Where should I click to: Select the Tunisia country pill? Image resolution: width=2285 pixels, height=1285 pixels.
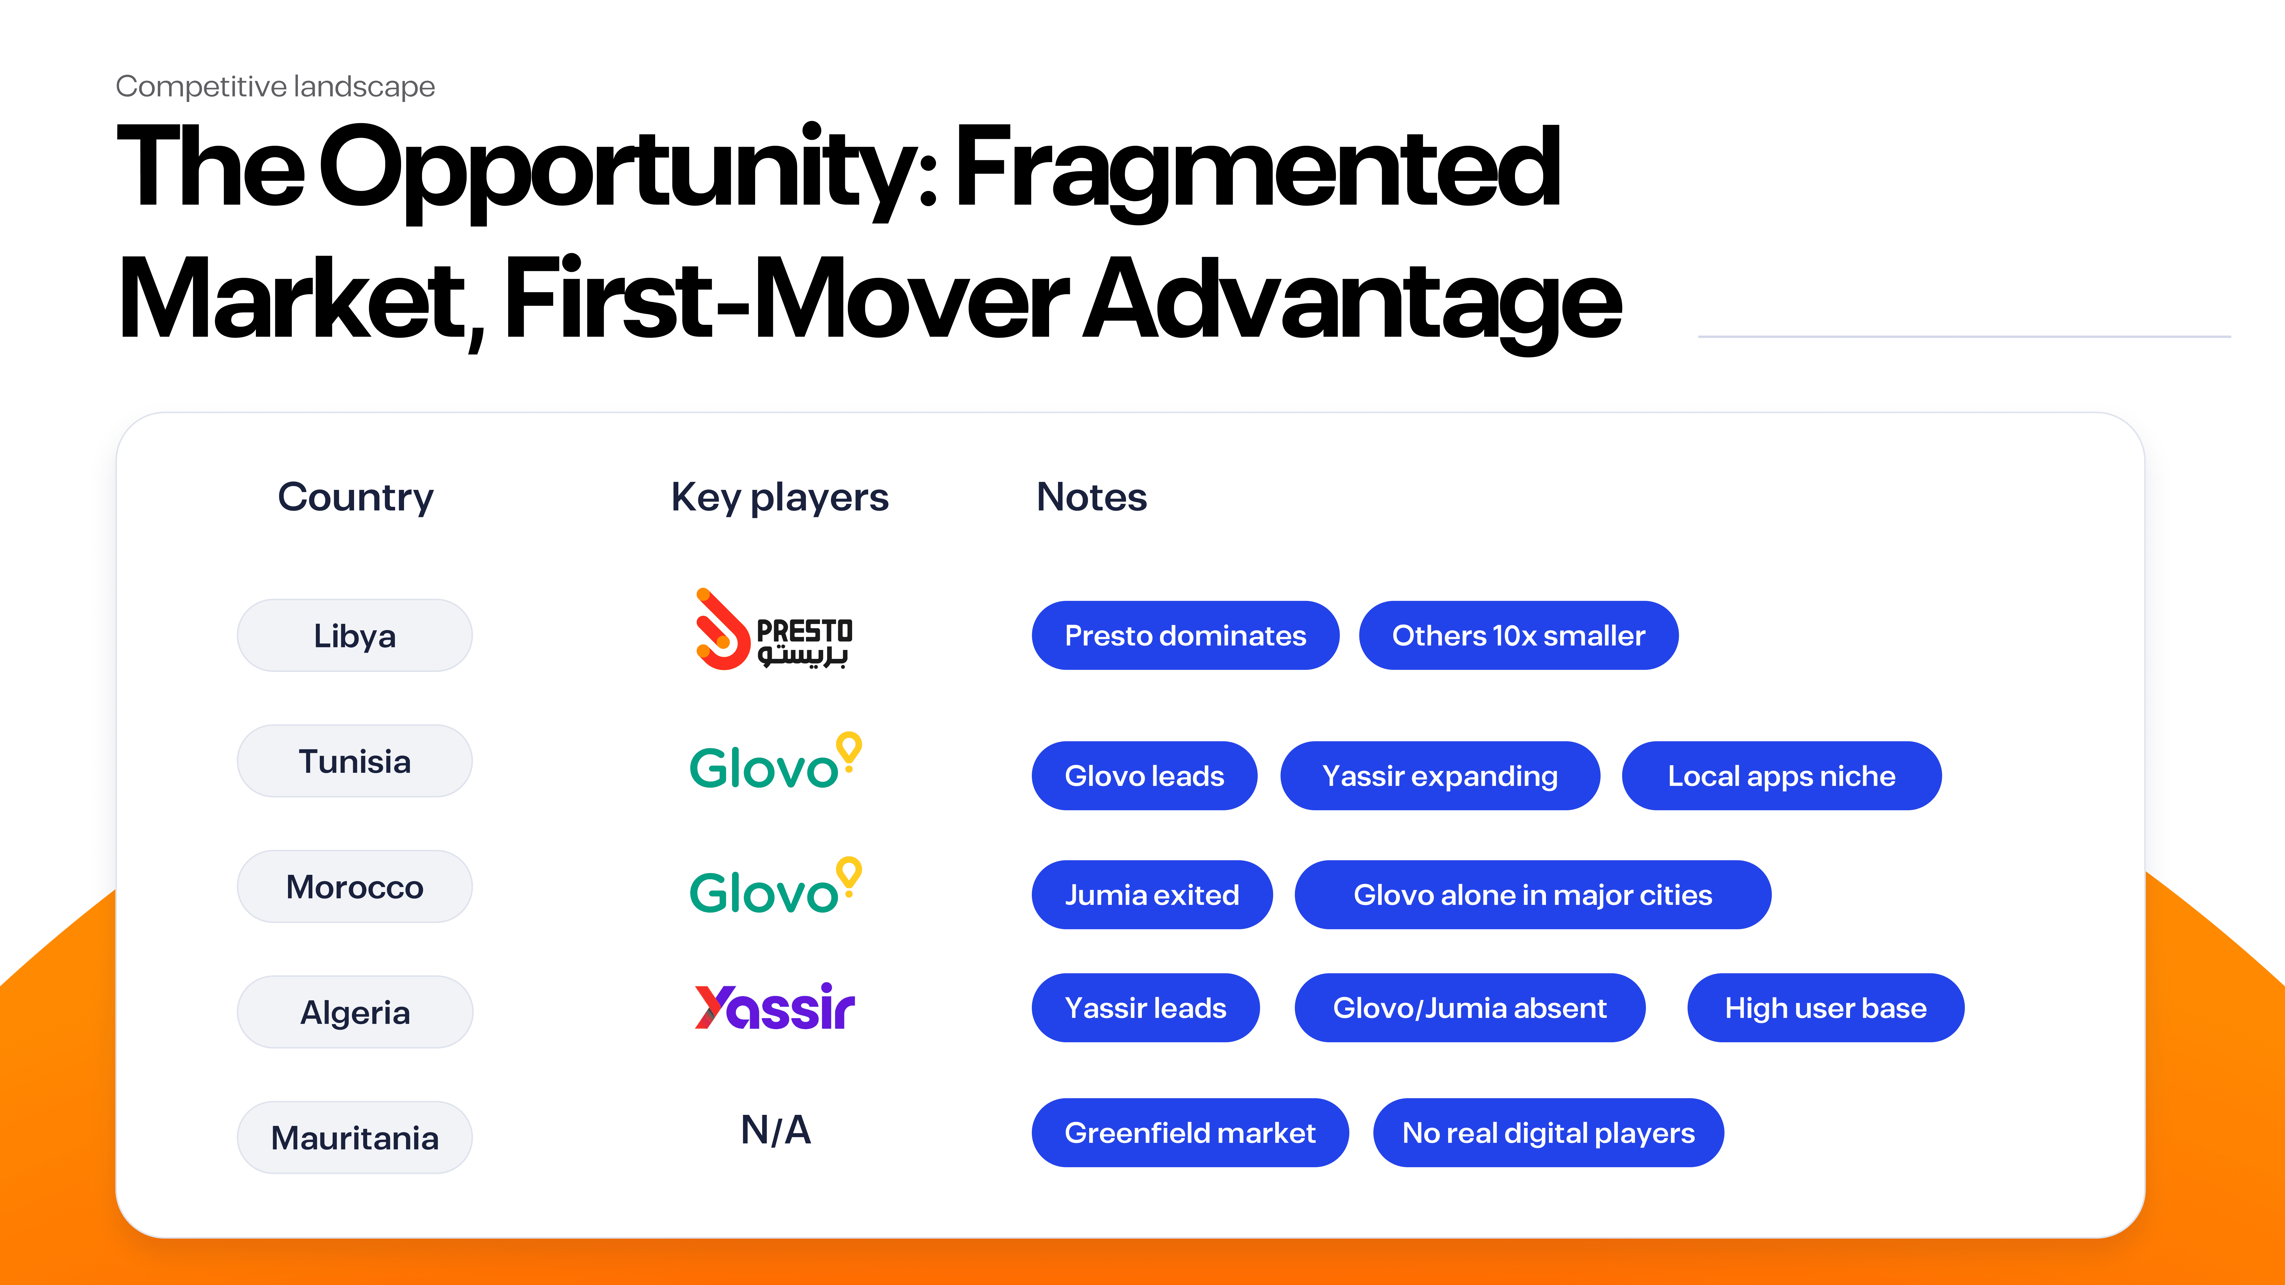click(x=355, y=761)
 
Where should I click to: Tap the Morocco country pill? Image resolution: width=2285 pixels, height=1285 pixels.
click(x=355, y=887)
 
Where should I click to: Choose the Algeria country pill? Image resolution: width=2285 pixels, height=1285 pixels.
click(x=355, y=1012)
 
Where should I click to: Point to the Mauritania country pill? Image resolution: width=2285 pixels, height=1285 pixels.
click(x=355, y=1138)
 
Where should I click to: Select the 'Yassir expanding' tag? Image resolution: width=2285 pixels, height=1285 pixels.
click(x=1440, y=776)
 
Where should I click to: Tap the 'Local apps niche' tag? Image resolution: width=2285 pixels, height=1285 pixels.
click(x=1781, y=776)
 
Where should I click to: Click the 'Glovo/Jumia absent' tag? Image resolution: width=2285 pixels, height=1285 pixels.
click(x=1470, y=1008)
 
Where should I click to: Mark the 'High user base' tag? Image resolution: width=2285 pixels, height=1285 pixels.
click(x=1826, y=1008)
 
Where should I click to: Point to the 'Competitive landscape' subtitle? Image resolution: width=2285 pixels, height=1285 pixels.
click(x=275, y=87)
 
